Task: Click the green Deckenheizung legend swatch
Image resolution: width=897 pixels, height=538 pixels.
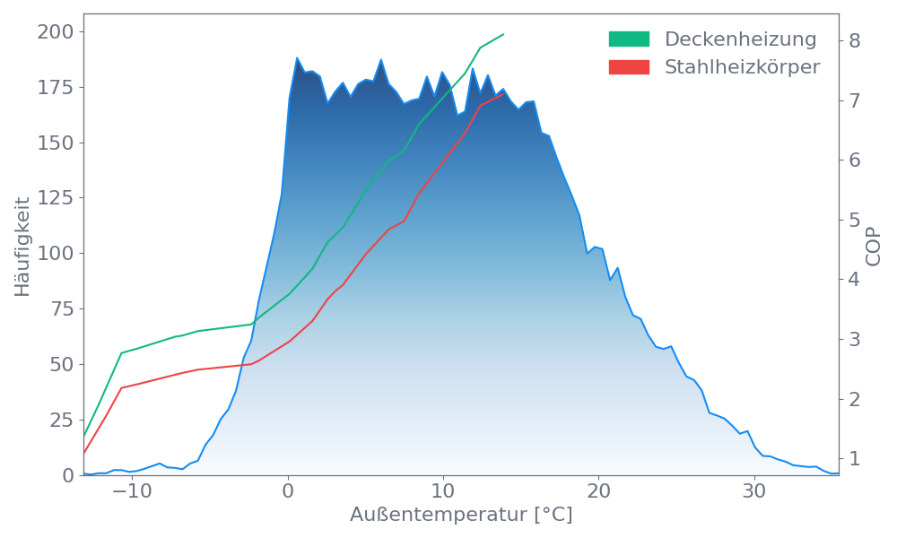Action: tap(629, 39)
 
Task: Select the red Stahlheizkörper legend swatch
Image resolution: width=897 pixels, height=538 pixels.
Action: tap(629, 67)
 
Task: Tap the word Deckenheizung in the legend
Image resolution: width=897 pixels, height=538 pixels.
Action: tap(740, 39)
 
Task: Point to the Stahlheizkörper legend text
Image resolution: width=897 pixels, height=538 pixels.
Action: tap(742, 67)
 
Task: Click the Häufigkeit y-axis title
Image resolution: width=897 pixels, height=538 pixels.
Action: tap(22, 247)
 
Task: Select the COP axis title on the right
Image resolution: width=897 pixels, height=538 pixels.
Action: tap(874, 244)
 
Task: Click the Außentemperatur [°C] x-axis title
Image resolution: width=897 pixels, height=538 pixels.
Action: tap(460, 516)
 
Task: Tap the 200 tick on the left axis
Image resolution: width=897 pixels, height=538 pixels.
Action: tap(55, 32)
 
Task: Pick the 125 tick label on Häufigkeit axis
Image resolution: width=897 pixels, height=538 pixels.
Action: tap(55, 198)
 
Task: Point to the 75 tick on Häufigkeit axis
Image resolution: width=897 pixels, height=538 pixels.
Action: tap(60, 309)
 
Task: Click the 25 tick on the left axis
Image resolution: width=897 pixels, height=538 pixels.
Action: tap(60, 420)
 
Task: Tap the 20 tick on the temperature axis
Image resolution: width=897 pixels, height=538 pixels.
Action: tap(598, 492)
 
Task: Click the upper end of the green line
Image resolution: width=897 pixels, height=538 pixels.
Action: tap(504, 34)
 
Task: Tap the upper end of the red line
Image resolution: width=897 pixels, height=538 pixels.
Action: tap(504, 92)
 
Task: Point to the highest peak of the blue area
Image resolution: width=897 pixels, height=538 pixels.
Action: tap(297, 57)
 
